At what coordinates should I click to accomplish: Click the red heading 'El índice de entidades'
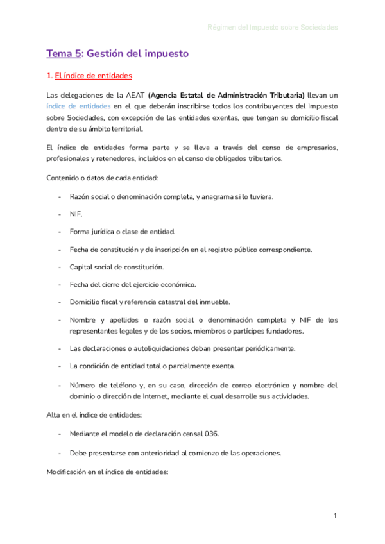[x=93, y=76]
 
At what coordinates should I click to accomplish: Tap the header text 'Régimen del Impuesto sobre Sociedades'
[x=273, y=28]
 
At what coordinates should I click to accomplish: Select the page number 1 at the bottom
[x=335, y=516]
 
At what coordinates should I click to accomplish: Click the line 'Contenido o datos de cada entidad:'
[x=105, y=177]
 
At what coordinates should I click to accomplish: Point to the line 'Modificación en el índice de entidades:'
[x=107, y=472]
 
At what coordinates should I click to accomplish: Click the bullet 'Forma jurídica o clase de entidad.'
[x=123, y=231]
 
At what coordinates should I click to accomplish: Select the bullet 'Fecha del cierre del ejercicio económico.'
[x=133, y=284]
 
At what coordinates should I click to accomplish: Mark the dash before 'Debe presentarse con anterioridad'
[x=60, y=453]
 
